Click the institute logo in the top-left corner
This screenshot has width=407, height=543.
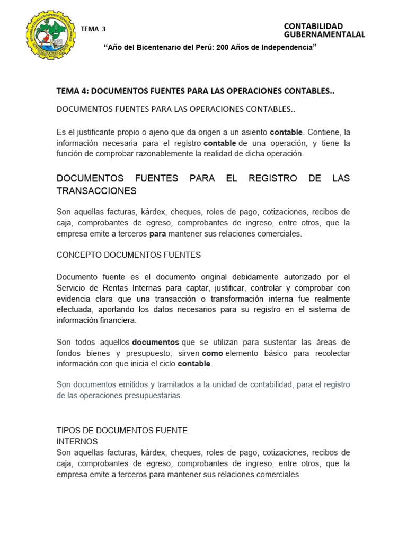click(x=48, y=37)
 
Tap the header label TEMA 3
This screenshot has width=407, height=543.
click(x=90, y=29)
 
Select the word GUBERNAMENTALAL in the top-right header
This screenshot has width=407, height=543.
click(x=324, y=35)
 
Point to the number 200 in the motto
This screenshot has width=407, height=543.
click(x=225, y=48)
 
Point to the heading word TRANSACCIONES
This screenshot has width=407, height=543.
click(x=96, y=191)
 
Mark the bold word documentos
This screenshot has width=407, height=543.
click(x=155, y=342)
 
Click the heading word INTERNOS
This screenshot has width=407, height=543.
click(x=77, y=441)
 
